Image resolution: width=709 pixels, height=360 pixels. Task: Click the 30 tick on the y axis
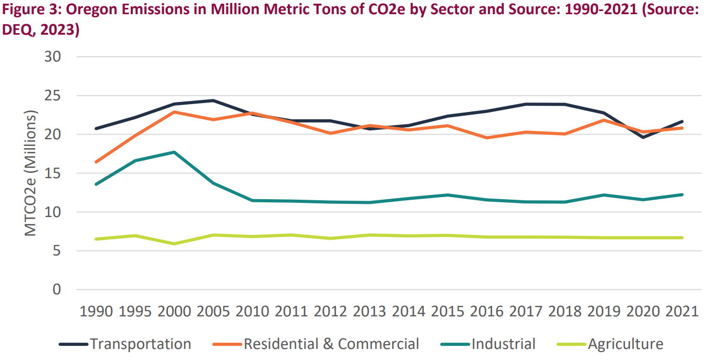click(x=61, y=57)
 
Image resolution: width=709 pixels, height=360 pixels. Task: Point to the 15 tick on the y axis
click(x=61, y=173)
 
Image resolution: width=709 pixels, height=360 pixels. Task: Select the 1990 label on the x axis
click(x=96, y=311)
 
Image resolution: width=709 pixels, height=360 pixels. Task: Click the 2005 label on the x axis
click(x=213, y=311)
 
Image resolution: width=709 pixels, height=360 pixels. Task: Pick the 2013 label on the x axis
click(x=370, y=311)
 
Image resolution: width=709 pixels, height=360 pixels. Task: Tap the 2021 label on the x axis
click(x=682, y=311)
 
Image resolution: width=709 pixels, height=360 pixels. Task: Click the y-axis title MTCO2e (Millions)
click(x=31, y=173)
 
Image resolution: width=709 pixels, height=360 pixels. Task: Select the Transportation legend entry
click(x=140, y=344)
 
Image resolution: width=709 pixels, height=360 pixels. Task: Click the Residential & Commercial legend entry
click(x=331, y=344)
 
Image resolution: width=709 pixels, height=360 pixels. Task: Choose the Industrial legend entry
click(x=503, y=344)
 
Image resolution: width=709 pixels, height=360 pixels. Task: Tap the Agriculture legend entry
click(x=625, y=344)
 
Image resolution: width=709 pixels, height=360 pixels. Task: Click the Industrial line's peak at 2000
click(x=174, y=152)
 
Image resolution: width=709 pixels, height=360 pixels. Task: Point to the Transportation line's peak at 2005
click(x=213, y=100)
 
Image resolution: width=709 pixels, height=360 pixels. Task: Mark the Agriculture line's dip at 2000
click(x=174, y=244)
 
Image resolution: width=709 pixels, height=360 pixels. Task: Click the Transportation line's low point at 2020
click(x=643, y=138)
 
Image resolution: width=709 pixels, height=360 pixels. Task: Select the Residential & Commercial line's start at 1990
click(x=96, y=162)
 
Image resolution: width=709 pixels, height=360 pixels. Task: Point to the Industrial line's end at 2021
click(x=682, y=194)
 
